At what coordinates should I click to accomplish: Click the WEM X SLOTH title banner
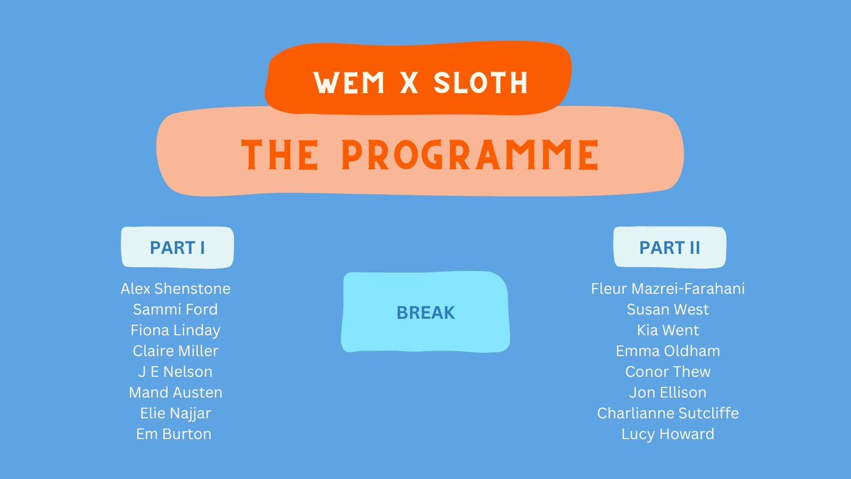point(421,82)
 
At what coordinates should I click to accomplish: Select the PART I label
point(177,248)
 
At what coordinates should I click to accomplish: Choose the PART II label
point(669,248)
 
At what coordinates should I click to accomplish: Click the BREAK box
point(425,312)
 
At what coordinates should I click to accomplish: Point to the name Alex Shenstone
point(175,289)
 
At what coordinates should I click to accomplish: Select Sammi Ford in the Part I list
point(175,309)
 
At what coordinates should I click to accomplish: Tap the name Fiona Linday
point(175,330)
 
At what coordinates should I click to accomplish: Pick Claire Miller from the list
point(175,351)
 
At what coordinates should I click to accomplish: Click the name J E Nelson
point(175,371)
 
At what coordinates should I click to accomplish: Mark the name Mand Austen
point(175,392)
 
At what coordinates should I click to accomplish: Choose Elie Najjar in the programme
point(175,413)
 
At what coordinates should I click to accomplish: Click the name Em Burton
point(174,434)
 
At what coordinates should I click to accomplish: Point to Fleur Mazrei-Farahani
point(667,289)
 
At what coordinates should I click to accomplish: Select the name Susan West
point(667,309)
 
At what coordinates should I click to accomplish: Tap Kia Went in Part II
point(667,330)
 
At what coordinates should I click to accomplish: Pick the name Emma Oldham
point(667,351)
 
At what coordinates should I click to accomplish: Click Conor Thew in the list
point(667,371)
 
